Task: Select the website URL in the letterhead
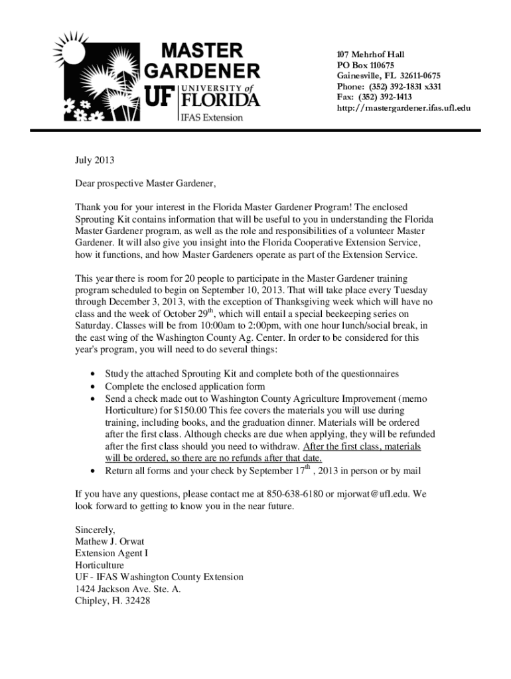pyautogui.click(x=403, y=107)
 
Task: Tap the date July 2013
pyautogui.click(x=95, y=160)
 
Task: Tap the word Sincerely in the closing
pyautogui.click(x=95, y=530)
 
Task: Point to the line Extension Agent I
pyautogui.click(x=111, y=553)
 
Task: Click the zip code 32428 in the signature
pyautogui.click(x=136, y=601)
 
